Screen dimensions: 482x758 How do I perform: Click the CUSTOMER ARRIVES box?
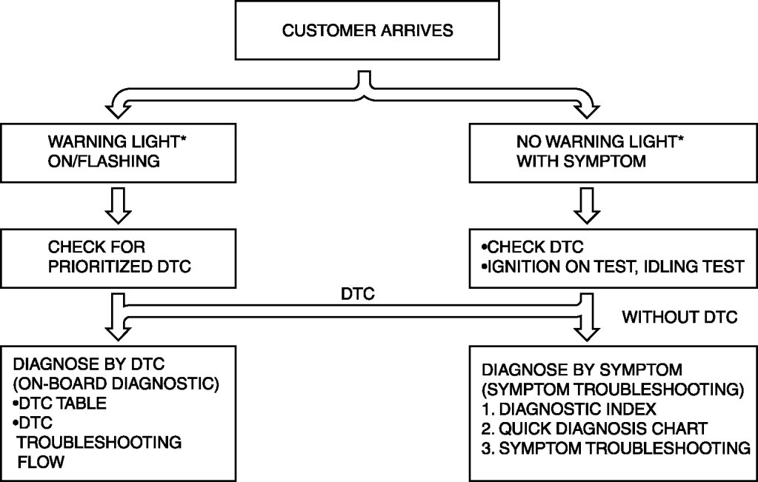pyautogui.click(x=368, y=31)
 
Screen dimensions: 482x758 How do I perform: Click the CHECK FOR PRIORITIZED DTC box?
pyautogui.click(x=120, y=257)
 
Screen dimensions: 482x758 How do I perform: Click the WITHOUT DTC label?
pyautogui.click(x=679, y=318)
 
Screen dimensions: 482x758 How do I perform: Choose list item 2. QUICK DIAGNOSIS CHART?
pyautogui.click(x=592, y=427)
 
